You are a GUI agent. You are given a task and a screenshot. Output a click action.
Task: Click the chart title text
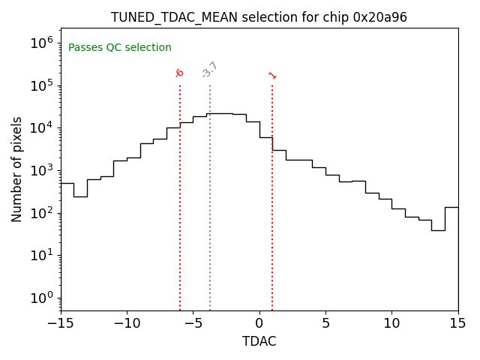point(259,17)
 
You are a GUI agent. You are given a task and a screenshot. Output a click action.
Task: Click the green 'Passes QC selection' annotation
point(120,48)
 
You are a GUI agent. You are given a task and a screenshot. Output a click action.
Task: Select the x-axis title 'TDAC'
point(259,341)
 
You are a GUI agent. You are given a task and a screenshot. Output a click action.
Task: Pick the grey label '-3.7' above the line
point(210,70)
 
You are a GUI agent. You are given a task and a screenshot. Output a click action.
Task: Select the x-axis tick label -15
point(61,323)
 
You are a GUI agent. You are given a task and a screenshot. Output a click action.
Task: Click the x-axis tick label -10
point(127,323)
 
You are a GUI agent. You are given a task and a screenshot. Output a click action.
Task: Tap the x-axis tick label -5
point(193,323)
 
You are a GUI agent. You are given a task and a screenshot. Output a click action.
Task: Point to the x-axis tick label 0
point(259,323)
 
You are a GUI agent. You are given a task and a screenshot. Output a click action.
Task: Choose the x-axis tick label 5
point(325,323)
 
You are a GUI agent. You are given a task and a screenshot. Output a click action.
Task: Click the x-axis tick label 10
point(391,323)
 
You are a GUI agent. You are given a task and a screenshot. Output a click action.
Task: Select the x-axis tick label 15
point(457,323)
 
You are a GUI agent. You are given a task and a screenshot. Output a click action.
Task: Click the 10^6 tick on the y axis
point(42,43)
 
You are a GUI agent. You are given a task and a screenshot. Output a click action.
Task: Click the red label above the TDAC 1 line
point(272,75)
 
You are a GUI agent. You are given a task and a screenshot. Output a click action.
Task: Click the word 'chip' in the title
point(334,17)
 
